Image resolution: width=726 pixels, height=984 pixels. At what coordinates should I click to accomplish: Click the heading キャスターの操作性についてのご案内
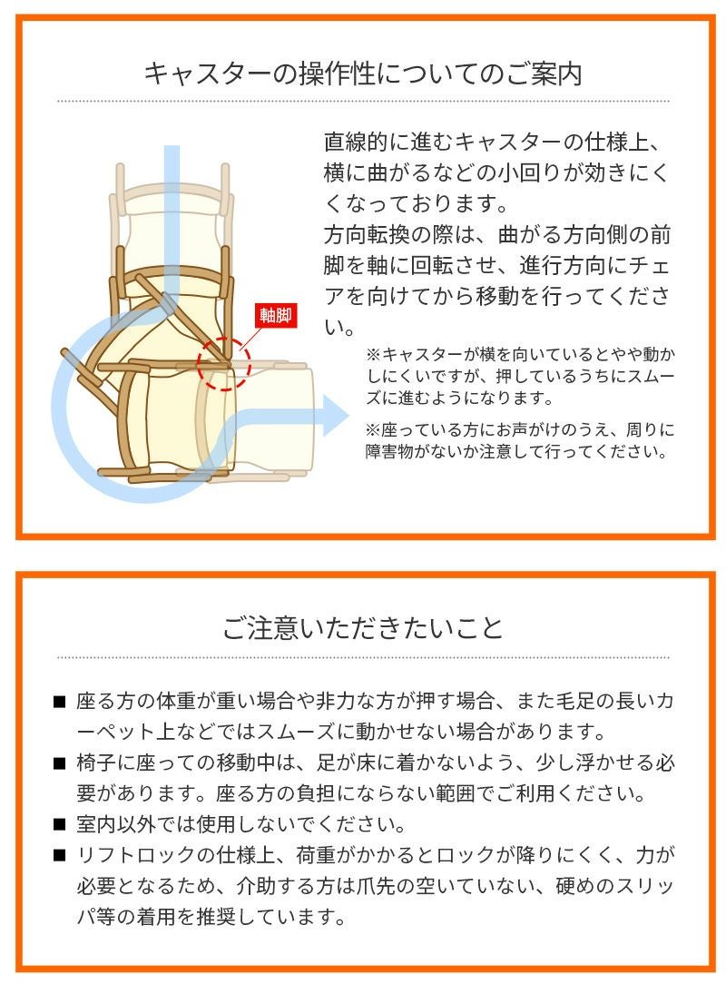tap(363, 73)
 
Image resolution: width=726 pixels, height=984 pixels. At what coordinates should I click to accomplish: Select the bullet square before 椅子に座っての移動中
tap(60, 764)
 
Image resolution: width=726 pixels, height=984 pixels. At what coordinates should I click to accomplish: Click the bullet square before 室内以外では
tap(60, 826)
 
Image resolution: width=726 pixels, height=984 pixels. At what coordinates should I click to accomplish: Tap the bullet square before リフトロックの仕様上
tap(60, 856)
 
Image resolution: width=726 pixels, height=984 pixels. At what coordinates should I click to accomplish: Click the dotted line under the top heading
tap(363, 101)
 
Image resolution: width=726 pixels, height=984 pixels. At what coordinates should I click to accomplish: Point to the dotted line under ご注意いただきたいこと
tap(363, 656)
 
